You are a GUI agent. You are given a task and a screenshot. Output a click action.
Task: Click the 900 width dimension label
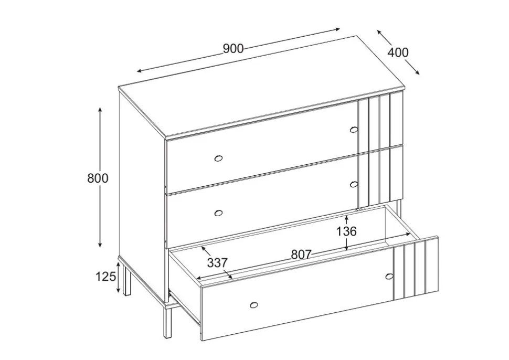click(x=233, y=48)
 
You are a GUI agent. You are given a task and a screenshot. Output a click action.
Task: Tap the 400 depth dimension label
click(x=398, y=52)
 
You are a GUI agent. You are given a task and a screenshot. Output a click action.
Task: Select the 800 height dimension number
click(x=98, y=178)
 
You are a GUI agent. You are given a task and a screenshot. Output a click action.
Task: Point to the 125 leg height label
click(x=105, y=277)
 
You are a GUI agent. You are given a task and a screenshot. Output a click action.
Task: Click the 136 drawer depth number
click(x=346, y=231)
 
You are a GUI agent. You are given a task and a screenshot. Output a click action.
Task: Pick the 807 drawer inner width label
click(x=301, y=255)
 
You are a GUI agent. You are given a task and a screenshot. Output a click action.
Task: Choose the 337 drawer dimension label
click(x=217, y=263)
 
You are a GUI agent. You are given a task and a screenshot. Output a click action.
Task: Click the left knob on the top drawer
click(x=218, y=158)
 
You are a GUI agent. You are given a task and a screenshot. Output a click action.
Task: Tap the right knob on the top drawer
click(x=354, y=130)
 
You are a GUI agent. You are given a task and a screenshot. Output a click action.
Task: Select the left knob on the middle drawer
click(x=218, y=213)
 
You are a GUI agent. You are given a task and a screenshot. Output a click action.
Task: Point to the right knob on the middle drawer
click(x=354, y=184)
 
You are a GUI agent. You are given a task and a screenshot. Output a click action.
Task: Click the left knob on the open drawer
click(x=254, y=305)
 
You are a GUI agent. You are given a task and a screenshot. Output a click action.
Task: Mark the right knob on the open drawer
click(x=389, y=277)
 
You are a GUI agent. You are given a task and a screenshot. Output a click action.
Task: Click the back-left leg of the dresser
click(x=126, y=279)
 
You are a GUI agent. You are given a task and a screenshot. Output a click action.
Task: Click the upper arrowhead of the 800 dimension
click(x=100, y=110)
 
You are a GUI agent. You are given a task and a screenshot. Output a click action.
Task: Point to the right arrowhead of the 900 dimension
click(x=337, y=29)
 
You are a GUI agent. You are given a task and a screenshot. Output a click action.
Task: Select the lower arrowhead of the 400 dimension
click(x=417, y=72)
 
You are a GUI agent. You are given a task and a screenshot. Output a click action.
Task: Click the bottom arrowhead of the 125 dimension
click(x=119, y=289)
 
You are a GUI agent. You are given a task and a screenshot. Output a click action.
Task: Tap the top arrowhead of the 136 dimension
click(x=347, y=219)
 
